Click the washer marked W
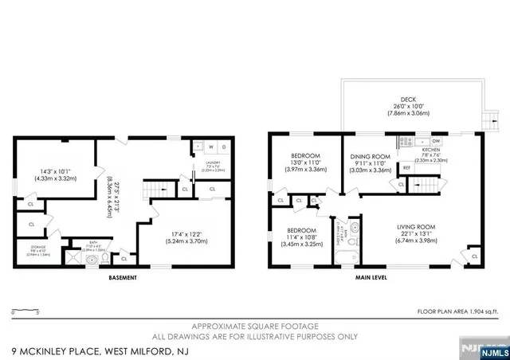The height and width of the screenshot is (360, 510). [x=211, y=147]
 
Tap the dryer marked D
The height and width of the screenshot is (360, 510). [x=224, y=147]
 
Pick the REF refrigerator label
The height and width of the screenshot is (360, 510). [x=406, y=168]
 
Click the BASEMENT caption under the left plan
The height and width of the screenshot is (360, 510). [x=122, y=278]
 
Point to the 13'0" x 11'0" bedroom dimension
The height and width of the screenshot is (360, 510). [x=305, y=162]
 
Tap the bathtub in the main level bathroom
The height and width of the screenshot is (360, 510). [x=349, y=259]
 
